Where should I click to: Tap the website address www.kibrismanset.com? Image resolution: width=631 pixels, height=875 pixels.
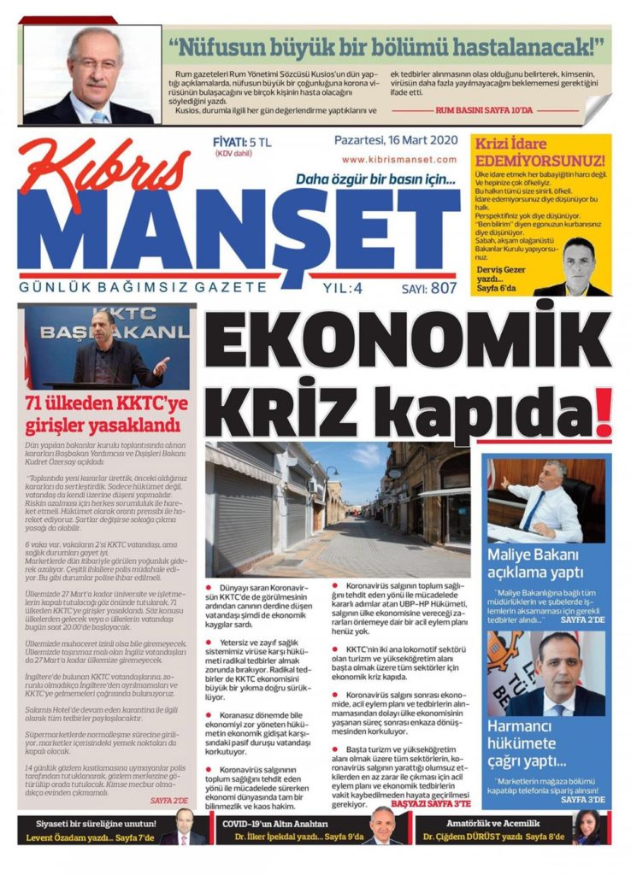click(399, 159)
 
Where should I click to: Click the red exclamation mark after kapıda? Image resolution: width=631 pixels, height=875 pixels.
click(604, 413)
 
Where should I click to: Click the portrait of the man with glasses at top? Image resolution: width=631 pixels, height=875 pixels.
click(92, 75)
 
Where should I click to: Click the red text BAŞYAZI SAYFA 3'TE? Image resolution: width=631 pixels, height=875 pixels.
click(431, 804)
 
